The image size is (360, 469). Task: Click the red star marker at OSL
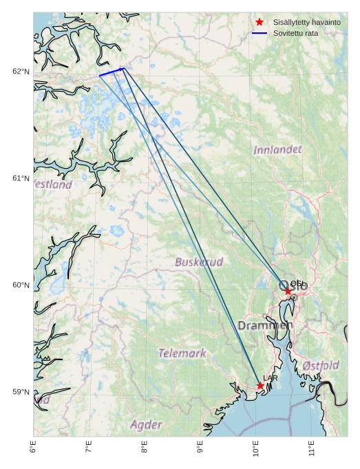pyautogui.click(x=288, y=291)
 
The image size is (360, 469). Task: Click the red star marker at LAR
pyautogui.click(x=260, y=386)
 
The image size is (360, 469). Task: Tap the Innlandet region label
pyautogui.click(x=277, y=149)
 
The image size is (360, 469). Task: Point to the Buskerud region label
pyautogui.click(x=199, y=262)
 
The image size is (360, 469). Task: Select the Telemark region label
pyautogui.click(x=182, y=353)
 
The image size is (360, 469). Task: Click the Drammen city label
pyautogui.click(x=265, y=325)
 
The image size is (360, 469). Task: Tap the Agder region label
pyautogui.click(x=146, y=424)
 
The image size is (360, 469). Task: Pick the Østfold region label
pyautogui.click(x=321, y=365)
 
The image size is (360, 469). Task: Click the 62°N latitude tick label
pyautogui.click(x=21, y=72)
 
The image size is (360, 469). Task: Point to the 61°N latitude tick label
pyautogui.click(x=21, y=178)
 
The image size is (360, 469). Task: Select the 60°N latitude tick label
pyautogui.click(x=21, y=285)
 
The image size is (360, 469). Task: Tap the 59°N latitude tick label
pyautogui.click(x=21, y=392)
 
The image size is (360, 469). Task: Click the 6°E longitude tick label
pyautogui.click(x=33, y=447)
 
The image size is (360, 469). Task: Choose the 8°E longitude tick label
pyautogui.click(x=145, y=447)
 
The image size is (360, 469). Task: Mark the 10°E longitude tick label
pyautogui.click(x=256, y=448)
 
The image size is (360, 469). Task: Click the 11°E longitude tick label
pyautogui.click(x=312, y=448)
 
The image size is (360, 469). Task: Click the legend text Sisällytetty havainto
pyautogui.click(x=306, y=23)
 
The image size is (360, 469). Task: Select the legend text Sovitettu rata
pyautogui.click(x=295, y=33)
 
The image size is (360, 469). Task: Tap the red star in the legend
pyautogui.click(x=260, y=22)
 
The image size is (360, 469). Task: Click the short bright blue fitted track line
pyautogui.click(x=112, y=72)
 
